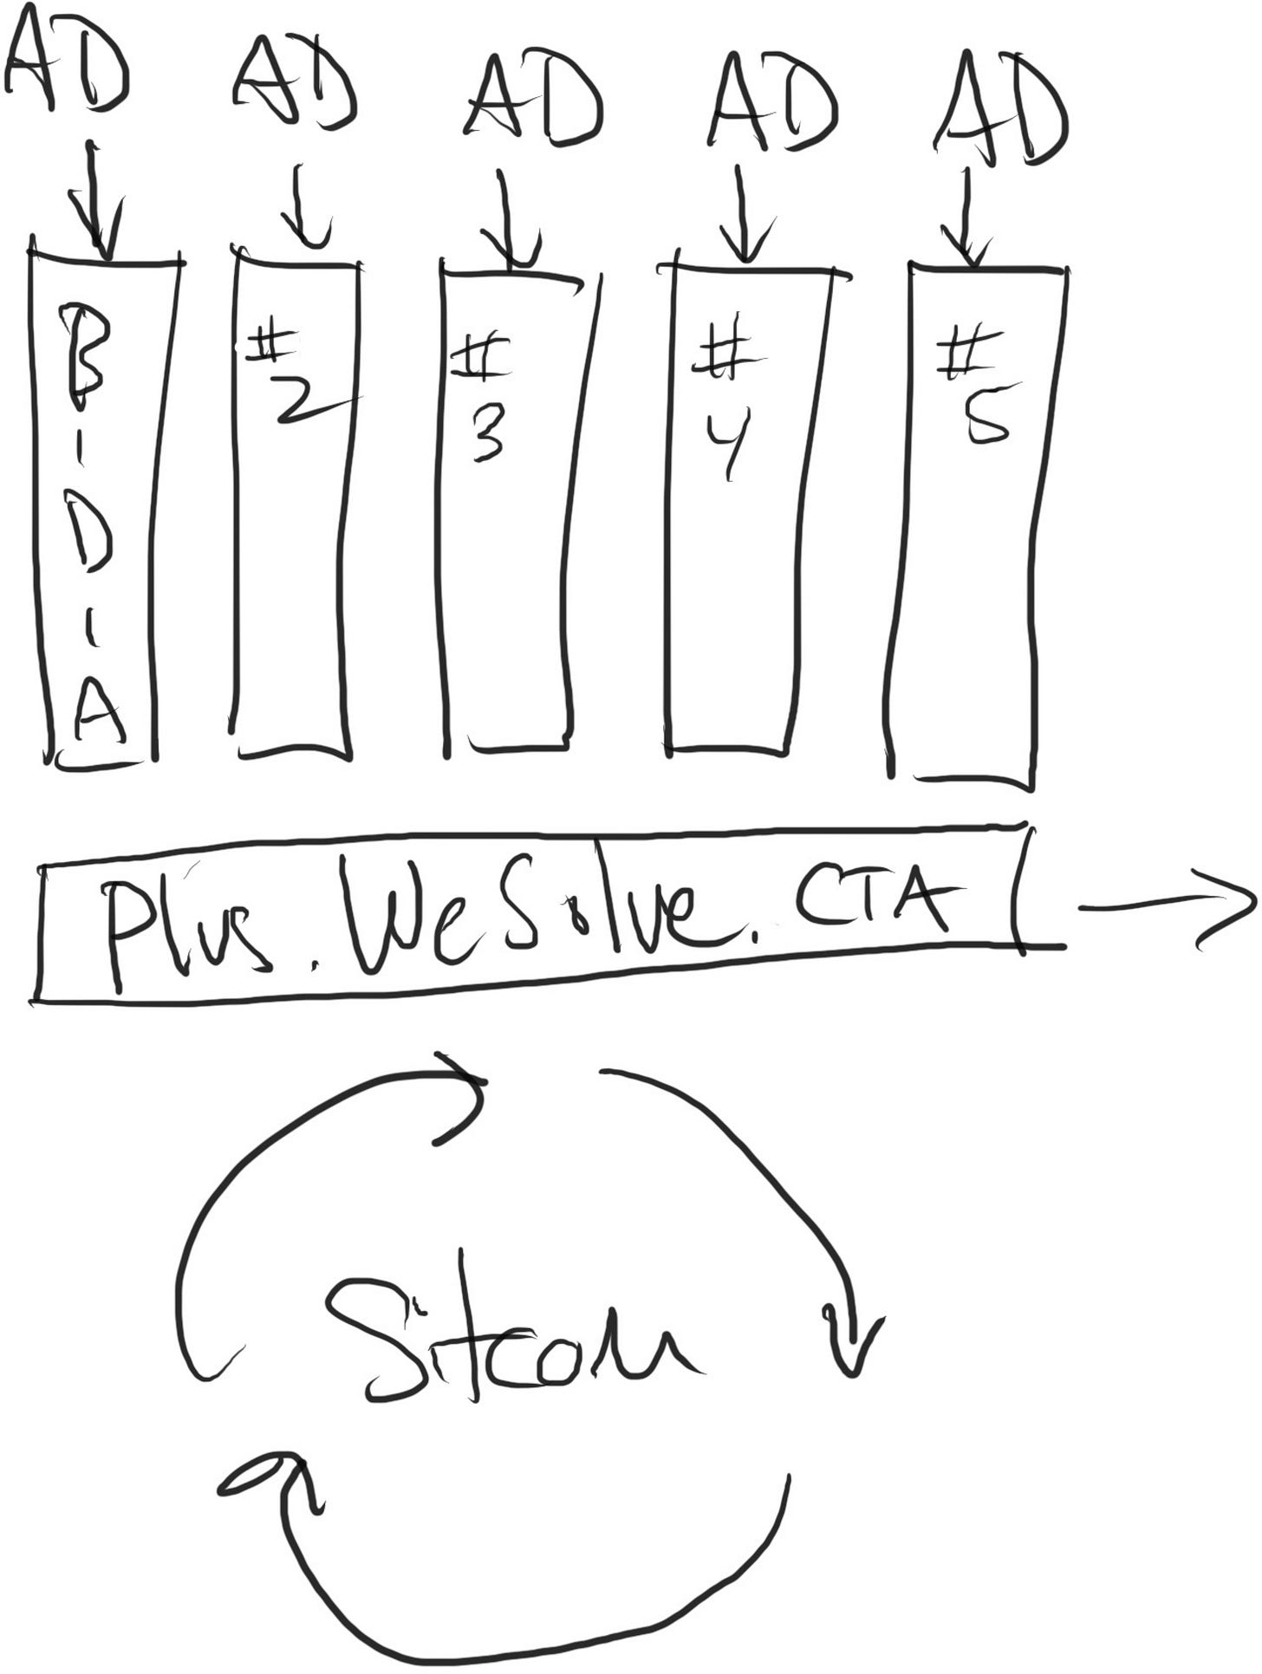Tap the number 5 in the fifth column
click(986, 420)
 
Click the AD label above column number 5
click(1001, 108)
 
